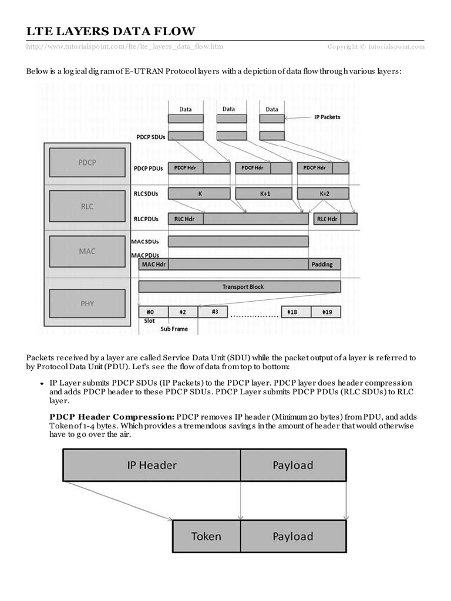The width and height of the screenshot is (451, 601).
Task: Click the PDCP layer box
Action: (87, 162)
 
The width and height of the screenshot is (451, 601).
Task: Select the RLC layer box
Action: (87, 207)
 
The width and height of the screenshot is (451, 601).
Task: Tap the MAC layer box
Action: (87, 251)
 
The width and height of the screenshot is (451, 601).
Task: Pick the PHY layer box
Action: (87, 303)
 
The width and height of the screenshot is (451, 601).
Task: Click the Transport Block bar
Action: (240, 286)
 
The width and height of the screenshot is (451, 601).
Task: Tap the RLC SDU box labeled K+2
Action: (324, 193)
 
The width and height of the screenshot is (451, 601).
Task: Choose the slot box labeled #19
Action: (326, 312)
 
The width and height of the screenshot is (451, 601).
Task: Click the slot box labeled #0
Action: (153, 312)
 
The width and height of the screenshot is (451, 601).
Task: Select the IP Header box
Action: (152, 465)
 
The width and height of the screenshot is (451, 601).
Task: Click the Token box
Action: (206, 536)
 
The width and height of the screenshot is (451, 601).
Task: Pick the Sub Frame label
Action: (174, 329)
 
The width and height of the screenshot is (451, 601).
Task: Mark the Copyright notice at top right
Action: (376, 46)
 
